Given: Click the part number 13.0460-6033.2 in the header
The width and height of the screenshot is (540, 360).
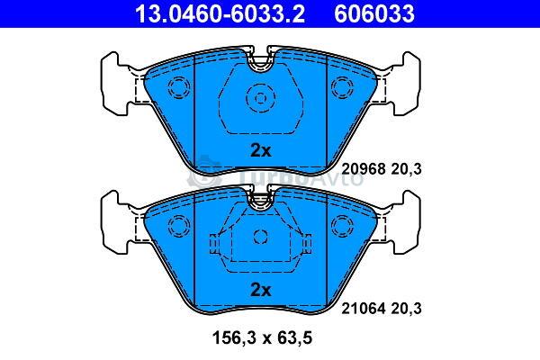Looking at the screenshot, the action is tap(220, 13).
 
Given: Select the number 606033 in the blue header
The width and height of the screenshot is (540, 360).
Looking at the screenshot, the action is tap(374, 13).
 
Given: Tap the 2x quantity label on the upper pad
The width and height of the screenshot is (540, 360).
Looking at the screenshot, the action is tap(261, 150).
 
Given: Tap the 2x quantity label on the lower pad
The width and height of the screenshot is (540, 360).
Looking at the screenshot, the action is tap(261, 290).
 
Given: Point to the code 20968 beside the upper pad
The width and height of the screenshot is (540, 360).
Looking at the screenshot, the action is tap(363, 169).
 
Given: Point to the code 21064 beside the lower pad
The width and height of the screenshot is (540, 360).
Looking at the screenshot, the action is tap(363, 309).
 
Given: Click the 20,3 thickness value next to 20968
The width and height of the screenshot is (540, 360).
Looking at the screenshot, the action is tap(406, 169).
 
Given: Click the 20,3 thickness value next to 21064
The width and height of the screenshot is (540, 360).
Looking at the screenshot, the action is tap(406, 309).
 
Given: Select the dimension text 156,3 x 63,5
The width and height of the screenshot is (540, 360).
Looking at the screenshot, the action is tap(263, 337).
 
